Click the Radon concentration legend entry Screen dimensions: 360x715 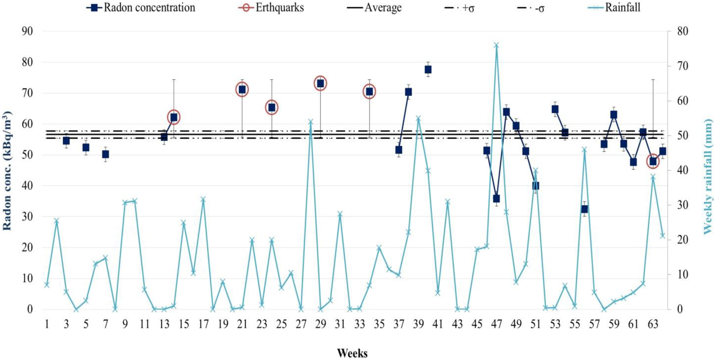[x=141, y=8]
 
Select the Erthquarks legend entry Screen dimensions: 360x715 [x=272, y=8]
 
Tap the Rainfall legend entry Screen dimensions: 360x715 [x=615, y=8]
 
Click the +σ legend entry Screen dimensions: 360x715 [x=460, y=8]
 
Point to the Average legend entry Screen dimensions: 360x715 [x=375, y=8]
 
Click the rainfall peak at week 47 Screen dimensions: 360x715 [x=496, y=45]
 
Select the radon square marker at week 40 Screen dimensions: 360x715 [x=428, y=69]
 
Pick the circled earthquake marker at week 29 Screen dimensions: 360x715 [x=320, y=84]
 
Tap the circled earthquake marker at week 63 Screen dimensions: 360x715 [x=653, y=162]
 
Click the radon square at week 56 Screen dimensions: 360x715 [x=584, y=209]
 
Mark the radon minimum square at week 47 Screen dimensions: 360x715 [x=496, y=198]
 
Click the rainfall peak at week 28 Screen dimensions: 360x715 [x=311, y=122]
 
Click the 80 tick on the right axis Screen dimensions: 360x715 [x=683, y=31]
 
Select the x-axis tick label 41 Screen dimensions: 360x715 [x=438, y=324]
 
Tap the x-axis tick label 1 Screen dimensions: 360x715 [x=47, y=324]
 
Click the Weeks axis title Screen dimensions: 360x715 [x=352, y=353]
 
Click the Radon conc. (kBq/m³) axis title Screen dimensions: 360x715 [x=7, y=171]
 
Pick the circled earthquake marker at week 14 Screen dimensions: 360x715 [x=174, y=117]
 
